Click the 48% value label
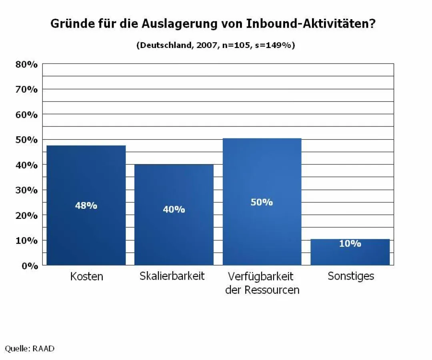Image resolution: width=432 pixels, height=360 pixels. tap(86, 206)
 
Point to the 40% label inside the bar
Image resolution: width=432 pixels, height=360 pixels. tap(174, 209)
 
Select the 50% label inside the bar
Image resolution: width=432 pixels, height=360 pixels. tap(262, 202)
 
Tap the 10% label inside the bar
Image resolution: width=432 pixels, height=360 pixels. tap(350, 244)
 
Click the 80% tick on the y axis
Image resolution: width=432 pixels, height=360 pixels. tap(26, 64)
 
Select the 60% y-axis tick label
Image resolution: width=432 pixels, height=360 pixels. tap(26, 114)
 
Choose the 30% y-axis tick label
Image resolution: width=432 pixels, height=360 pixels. tap(26, 190)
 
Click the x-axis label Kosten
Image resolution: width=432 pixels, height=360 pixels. tap(86, 276)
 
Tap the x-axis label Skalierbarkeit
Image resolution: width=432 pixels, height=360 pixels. tap(172, 276)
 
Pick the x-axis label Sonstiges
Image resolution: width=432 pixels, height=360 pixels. tap(351, 276)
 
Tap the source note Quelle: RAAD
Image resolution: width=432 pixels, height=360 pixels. tap(30, 349)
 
